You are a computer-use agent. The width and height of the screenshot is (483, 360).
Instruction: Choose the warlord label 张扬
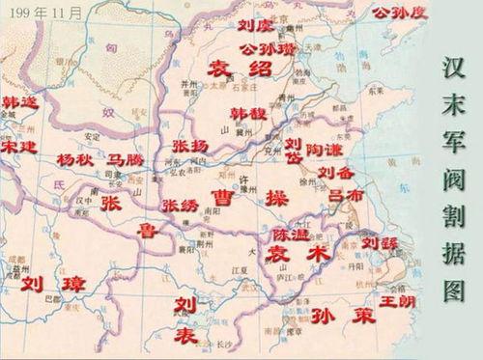tap(189, 145)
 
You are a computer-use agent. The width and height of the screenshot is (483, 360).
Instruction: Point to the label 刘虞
tap(255, 24)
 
